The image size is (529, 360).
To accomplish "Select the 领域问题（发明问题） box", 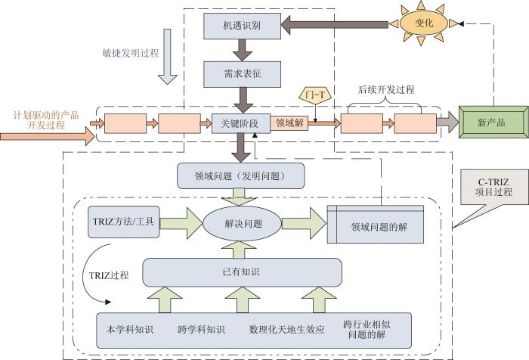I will [x=240, y=177].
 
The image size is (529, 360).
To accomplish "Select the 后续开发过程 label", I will [x=385, y=89].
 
